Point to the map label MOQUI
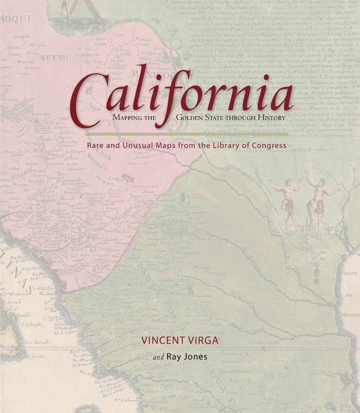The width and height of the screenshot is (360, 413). [x=15, y=18]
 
